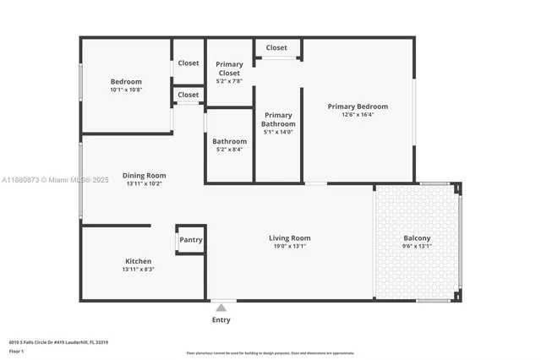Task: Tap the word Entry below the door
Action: (221, 319)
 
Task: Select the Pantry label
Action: (191, 240)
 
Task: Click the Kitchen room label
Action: (138, 261)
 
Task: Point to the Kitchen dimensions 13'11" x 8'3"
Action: (138, 270)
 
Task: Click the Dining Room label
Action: (144, 175)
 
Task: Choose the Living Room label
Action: (290, 238)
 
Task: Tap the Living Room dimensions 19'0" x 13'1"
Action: (290, 247)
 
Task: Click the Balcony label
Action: (417, 238)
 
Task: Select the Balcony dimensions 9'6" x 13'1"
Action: (417, 247)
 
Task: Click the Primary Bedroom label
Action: (358, 106)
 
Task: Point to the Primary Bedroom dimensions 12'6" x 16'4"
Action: (358, 115)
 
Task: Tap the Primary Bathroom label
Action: (278, 119)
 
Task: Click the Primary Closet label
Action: (229, 68)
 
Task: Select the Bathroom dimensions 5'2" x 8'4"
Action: (229, 150)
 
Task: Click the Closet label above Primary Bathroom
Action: (276, 48)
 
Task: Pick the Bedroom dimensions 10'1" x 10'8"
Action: (126, 90)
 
